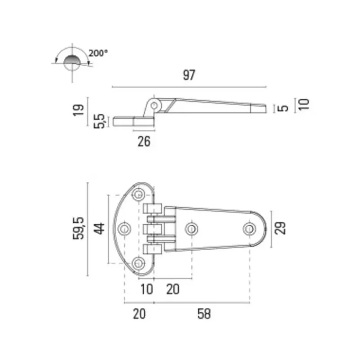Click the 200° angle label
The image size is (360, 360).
(x=98, y=53)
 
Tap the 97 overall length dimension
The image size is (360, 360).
(x=189, y=75)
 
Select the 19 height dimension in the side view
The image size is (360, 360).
(x=78, y=110)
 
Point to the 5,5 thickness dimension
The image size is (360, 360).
(x=99, y=121)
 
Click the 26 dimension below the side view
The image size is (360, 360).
(x=144, y=141)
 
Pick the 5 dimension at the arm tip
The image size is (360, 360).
(x=283, y=108)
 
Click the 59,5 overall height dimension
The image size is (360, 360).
(x=78, y=229)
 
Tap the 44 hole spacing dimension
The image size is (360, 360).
(x=99, y=229)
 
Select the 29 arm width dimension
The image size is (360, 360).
(x=280, y=228)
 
